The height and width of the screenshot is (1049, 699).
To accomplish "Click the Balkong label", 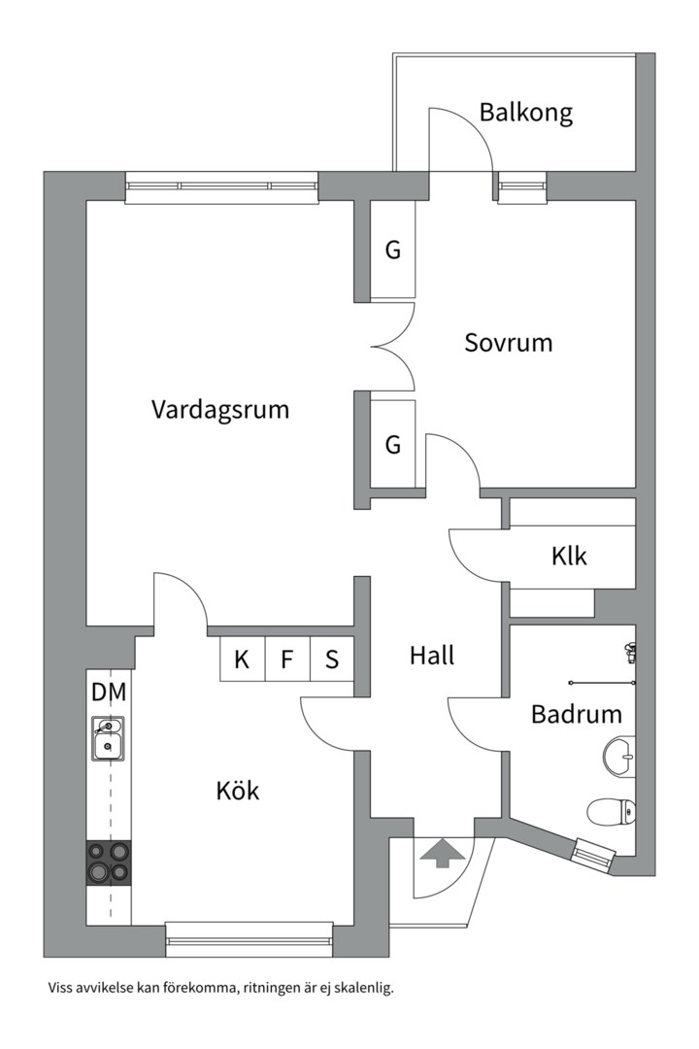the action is (x=526, y=113).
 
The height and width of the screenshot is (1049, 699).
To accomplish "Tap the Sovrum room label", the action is (x=509, y=343).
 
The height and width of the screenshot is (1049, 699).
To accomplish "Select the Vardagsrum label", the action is (x=220, y=410).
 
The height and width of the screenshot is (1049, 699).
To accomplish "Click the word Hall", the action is (x=432, y=656).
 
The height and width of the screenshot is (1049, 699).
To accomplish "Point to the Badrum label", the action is (x=577, y=714).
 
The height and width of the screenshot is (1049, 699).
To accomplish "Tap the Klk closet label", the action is (x=569, y=556).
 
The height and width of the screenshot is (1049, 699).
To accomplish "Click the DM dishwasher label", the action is (x=109, y=693).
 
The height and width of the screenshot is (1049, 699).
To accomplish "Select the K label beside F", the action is (x=242, y=660).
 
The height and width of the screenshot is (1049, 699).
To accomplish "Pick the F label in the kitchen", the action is (x=287, y=660).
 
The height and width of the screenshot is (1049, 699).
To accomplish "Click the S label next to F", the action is (x=332, y=660).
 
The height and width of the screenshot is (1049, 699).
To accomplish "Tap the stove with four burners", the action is (x=109, y=863).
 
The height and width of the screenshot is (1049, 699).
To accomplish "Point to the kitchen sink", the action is (x=108, y=738).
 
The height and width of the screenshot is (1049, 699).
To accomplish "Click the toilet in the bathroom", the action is (x=612, y=811).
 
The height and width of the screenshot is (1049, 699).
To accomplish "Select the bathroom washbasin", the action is (x=619, y=757).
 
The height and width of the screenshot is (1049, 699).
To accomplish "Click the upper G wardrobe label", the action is (x=393, y=251).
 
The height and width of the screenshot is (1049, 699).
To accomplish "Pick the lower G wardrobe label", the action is (x=393, y=444).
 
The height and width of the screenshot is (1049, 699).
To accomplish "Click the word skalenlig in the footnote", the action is (x=367, y=988).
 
